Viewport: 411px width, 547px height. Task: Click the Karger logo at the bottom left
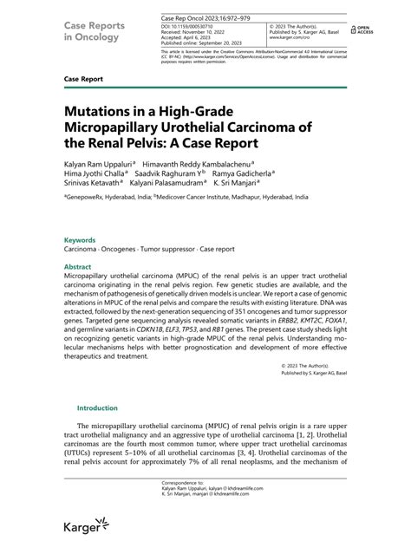(85, 525)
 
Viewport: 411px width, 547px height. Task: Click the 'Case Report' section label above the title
(84, 78)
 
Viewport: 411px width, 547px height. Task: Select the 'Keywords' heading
(80, 239)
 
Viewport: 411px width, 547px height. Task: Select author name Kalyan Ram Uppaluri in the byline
(95, 162)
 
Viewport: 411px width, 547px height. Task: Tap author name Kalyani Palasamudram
(186, 185)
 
